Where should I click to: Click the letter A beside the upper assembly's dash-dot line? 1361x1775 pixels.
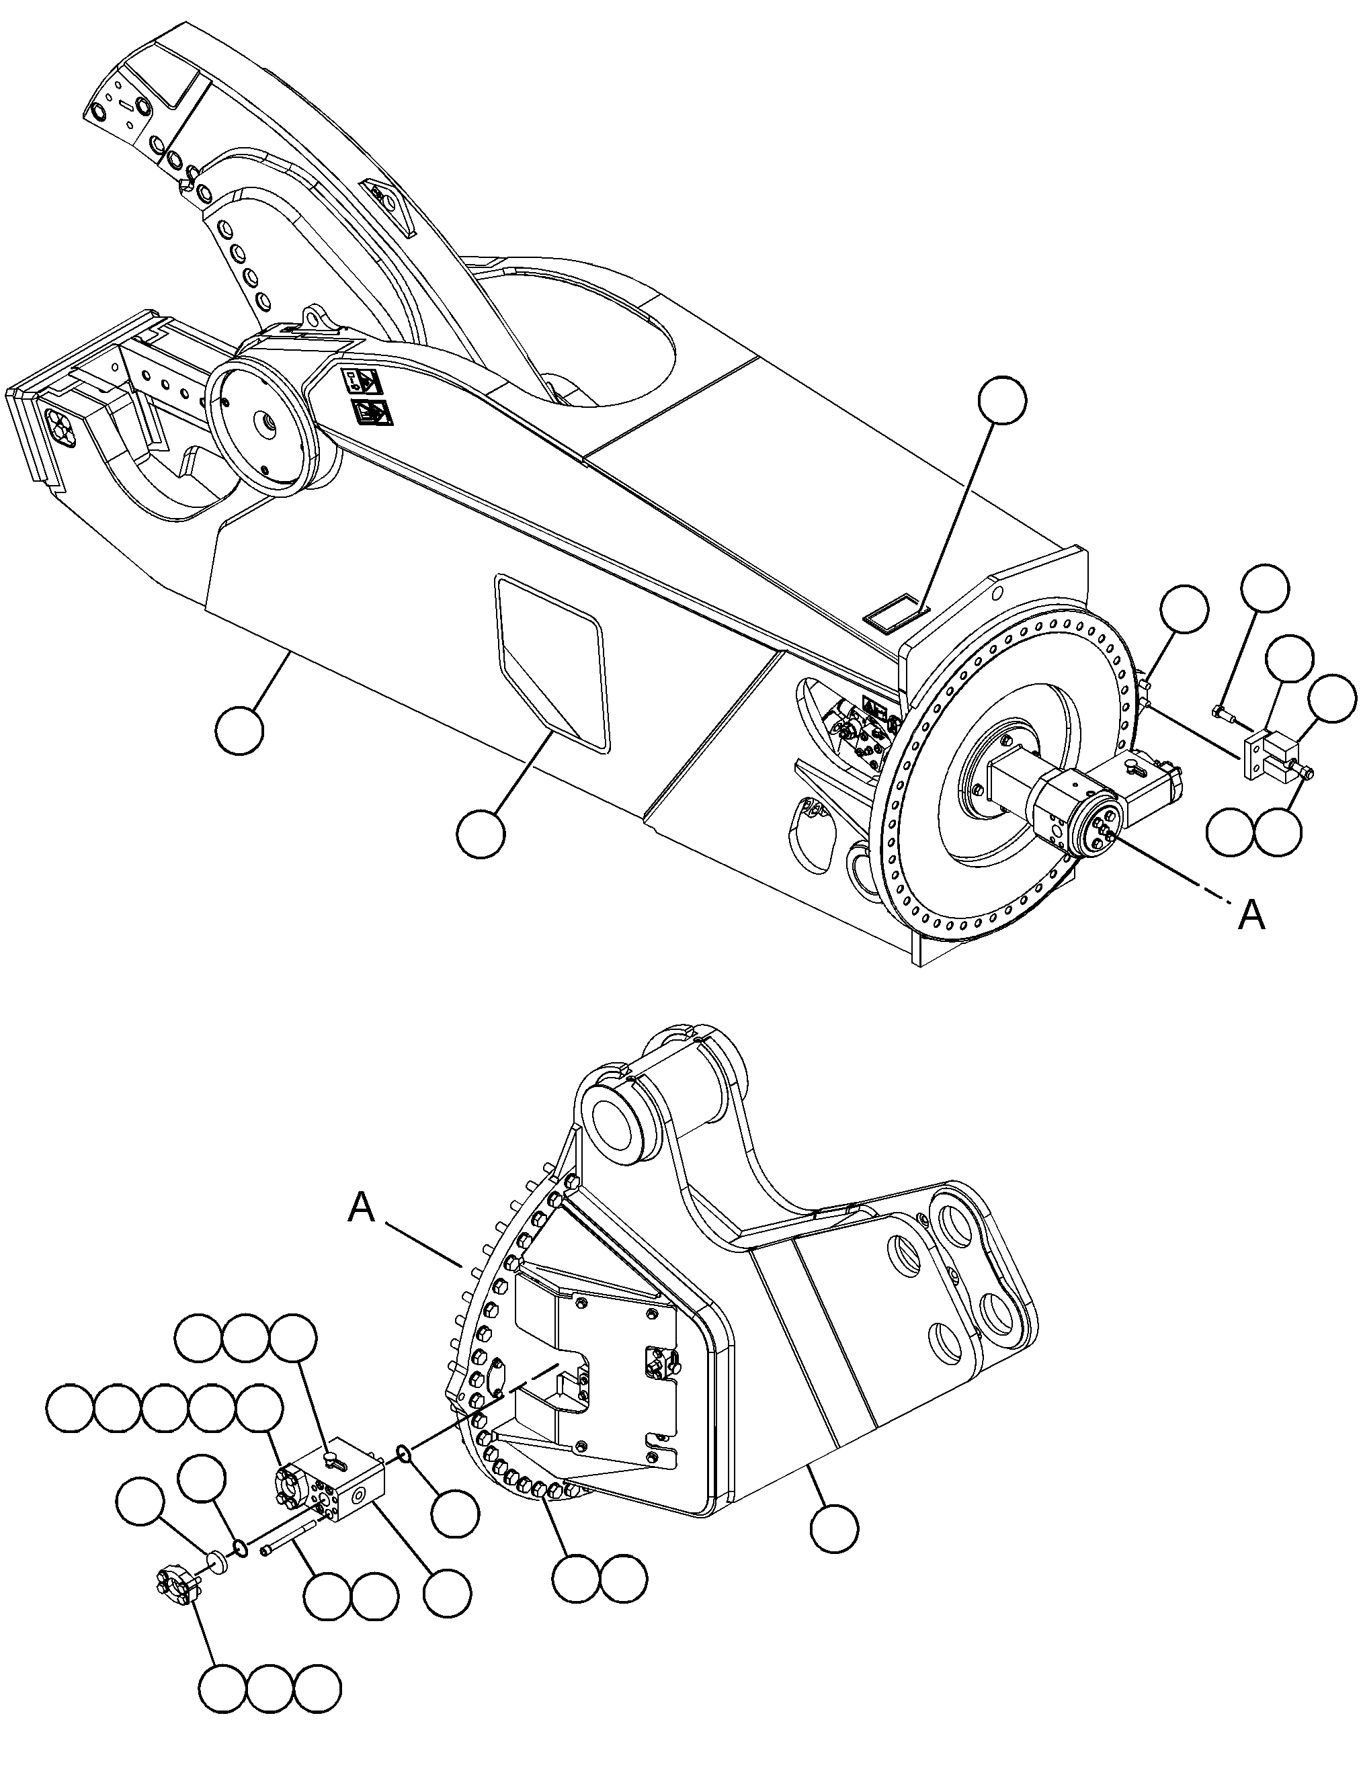pos(1251,916)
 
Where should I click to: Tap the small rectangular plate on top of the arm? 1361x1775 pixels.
pos(894,609)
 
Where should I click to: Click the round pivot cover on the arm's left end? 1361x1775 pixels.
pos(261,423)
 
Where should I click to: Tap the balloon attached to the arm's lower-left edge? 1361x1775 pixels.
pos(241,730)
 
